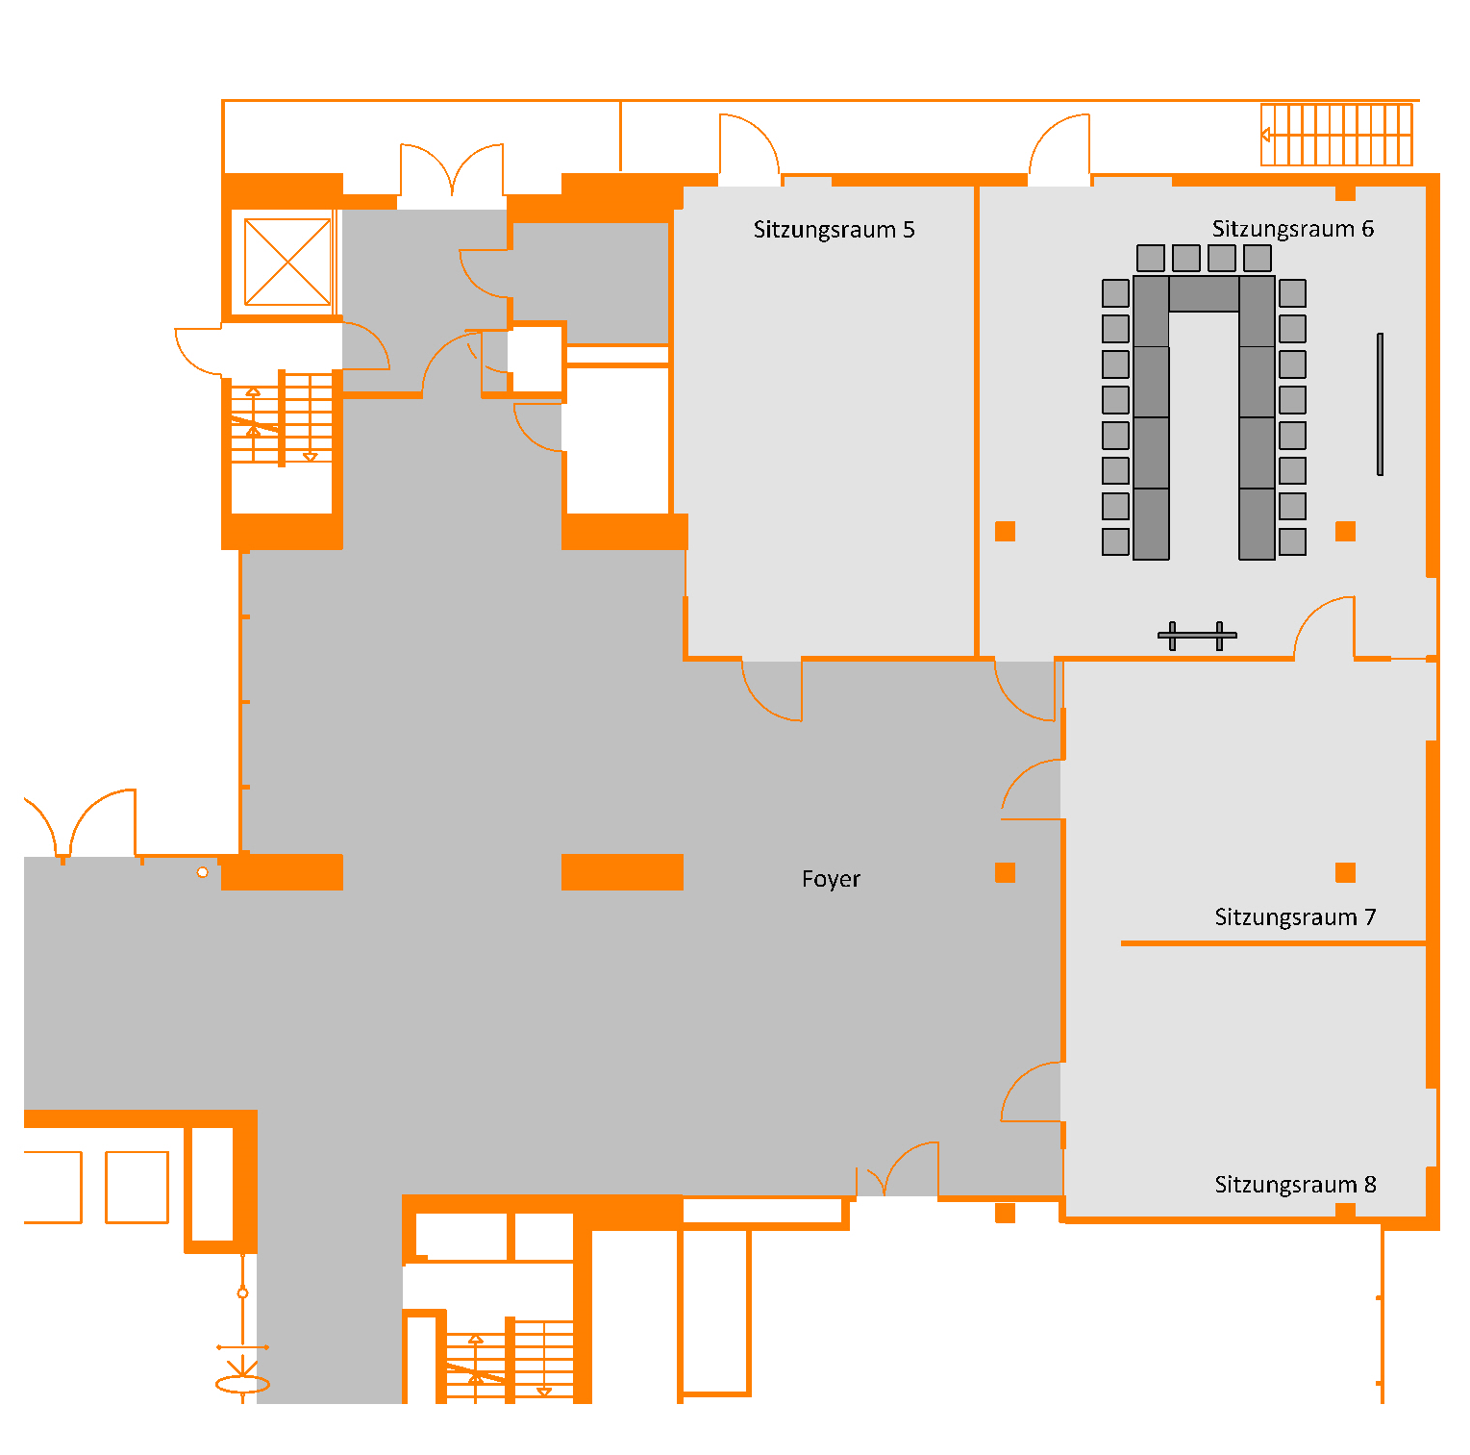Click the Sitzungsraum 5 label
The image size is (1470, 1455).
(x=834, y=230)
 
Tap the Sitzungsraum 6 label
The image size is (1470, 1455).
(x=1292, y=229)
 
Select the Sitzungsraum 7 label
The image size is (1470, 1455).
(x=1295, y=917)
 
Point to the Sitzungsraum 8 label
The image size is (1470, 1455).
(x=1295, y=1185)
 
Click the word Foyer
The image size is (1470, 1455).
(x=831, y=879)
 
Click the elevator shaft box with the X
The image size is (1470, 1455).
(x=287, y=262)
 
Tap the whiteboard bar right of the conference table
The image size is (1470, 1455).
(x=1380, y=404)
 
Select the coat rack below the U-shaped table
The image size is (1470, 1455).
(x=1197, y=636)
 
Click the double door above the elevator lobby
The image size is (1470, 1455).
(x=452, y=173)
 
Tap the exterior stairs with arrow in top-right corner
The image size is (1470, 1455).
(x=1336, y=135)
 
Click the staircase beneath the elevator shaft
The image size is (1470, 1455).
(x=282, y=419)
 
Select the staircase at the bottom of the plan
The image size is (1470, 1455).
(x=509, y=1361)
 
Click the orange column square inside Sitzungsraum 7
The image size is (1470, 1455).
(x=1345, y=872)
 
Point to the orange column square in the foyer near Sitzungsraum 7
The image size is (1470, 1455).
(x=1005, y=872)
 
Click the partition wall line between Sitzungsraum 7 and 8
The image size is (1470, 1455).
(x=1273, y=943)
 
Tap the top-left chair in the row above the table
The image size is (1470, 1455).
(x=1151, y=258)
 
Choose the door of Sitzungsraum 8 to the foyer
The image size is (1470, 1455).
(x=1031, y=1091)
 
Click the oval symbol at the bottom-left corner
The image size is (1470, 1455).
(x=242, y=1385)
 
